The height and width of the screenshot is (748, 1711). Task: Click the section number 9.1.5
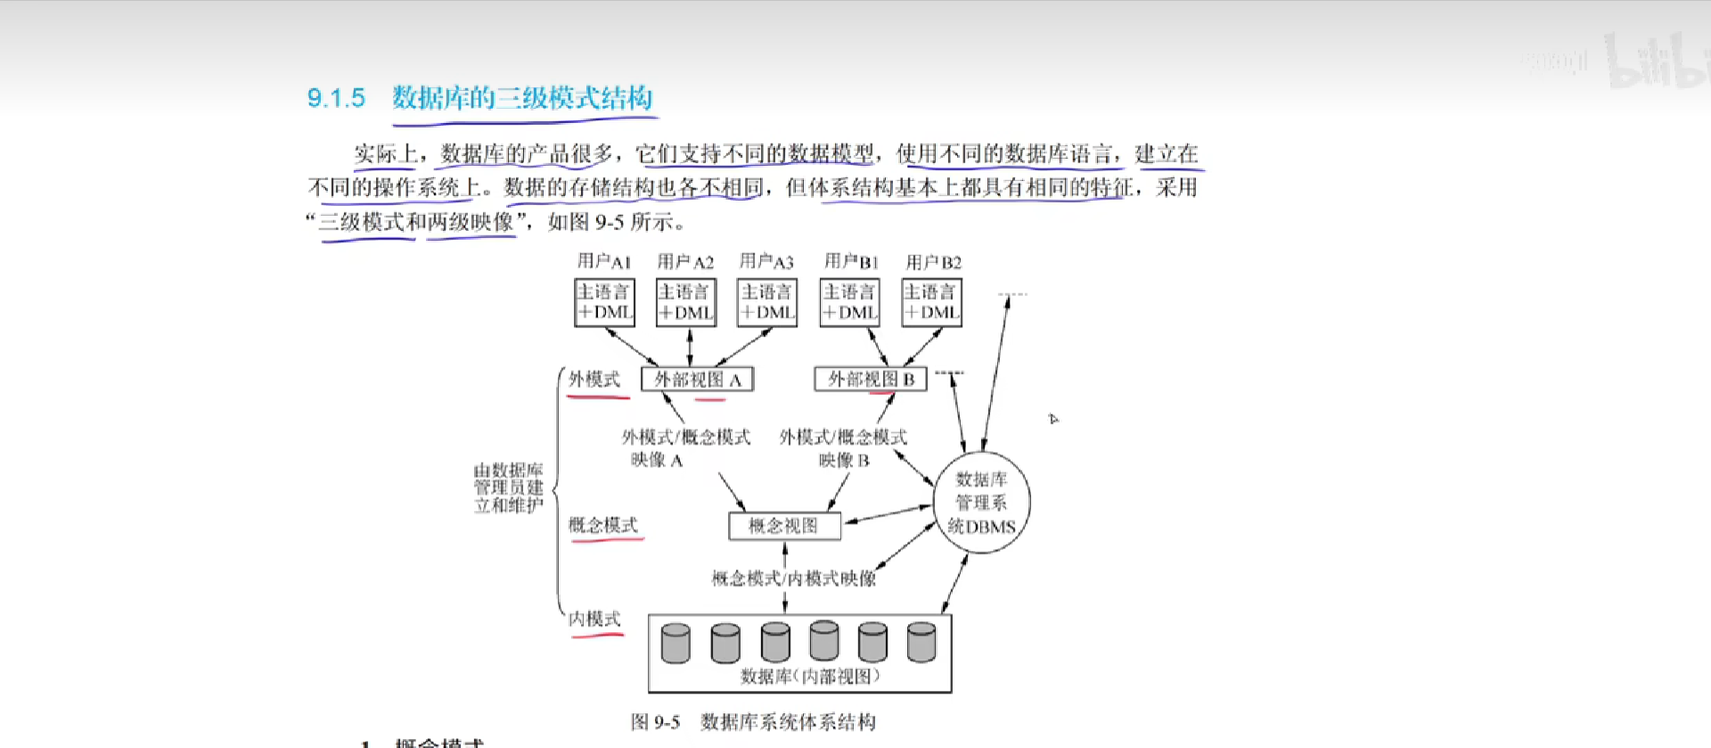(x=336, y=98)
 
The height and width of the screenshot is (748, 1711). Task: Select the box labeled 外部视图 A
(x=697, y=380)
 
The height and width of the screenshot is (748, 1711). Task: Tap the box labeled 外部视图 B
(x=871, y=379)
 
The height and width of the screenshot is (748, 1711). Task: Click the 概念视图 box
(x=784, y=526)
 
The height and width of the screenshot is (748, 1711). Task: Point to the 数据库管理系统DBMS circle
(x=981, y=503)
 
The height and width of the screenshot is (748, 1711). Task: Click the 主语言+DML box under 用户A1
(x=604, y=302)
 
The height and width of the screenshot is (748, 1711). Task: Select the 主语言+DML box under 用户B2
(x=931, y=302)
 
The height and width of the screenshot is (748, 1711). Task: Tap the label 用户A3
(x=766, y=261)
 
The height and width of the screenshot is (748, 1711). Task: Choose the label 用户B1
(x=851, y=261)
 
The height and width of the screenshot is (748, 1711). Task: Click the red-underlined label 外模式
(x=594, y=379)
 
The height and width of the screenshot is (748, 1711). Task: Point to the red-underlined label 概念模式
(x=603, y=525)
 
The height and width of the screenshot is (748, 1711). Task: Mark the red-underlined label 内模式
(x=594, y=619)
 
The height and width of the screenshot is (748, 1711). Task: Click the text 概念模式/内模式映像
(x=793, y=579)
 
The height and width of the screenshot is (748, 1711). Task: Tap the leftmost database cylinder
(x=675, y=643)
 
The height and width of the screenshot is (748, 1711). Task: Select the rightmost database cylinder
(x=921, y=642)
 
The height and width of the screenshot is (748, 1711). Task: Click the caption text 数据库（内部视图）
(x=810, y=677)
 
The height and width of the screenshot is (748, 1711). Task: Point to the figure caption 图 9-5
(x=655, y=722)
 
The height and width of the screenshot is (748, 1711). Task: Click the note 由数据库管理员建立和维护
(x=508, y=488)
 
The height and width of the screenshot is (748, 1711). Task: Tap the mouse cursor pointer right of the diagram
(x=1053, y=418)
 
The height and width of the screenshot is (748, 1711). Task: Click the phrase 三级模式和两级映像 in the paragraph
(x=416, y=222)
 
